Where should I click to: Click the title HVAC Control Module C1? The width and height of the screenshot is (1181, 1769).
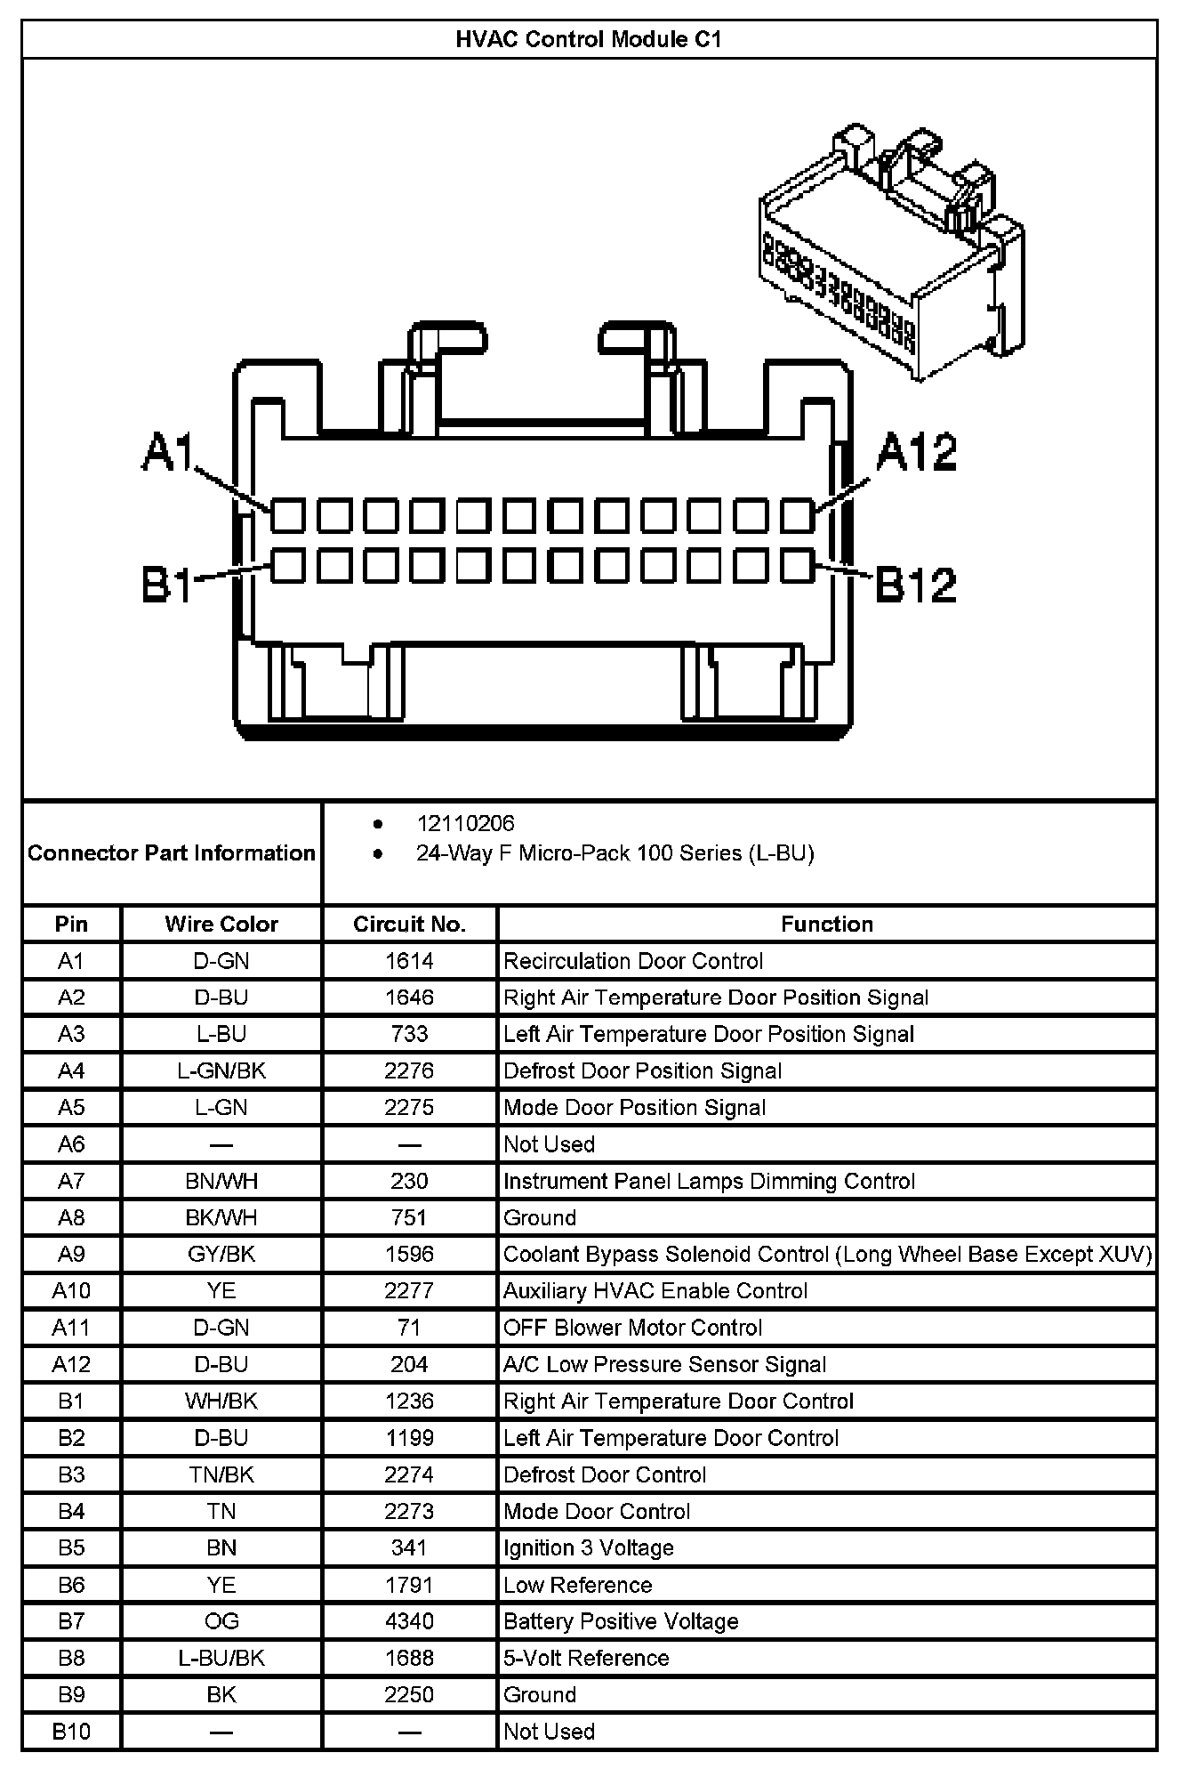589,39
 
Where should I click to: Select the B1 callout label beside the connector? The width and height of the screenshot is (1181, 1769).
166,585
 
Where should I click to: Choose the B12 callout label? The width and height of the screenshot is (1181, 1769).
916,585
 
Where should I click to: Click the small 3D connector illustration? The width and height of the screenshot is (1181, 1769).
889,254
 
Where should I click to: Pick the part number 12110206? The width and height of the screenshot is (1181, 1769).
465,824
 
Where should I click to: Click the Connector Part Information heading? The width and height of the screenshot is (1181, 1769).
172,853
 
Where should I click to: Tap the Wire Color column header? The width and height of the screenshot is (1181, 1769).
221,924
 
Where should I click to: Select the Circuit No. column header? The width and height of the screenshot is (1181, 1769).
409,924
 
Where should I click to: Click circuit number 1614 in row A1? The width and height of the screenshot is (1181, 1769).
409,961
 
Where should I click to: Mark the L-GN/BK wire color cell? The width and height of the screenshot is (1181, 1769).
221,1070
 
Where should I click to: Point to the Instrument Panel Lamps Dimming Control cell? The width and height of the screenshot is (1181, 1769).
709,1181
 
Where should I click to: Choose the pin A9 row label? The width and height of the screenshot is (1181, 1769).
71,1254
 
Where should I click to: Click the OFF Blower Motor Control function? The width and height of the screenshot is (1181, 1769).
632,1328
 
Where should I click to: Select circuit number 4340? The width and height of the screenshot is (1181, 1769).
409,1621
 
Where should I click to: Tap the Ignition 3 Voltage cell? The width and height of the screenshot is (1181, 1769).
588,1547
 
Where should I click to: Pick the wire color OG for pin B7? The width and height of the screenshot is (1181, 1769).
221,1621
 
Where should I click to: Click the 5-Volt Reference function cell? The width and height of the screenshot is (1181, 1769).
585,1658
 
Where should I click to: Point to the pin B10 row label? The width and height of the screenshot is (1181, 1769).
71,1731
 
